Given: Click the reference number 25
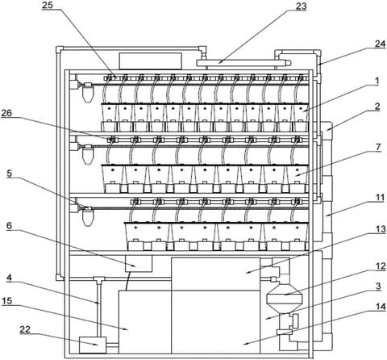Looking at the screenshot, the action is tap(48, 6).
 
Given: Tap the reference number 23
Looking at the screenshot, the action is tap(301, 6).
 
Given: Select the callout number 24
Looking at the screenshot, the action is tap(381, 44).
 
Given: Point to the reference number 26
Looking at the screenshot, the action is tap(6, 113).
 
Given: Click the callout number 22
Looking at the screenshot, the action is tap(25, 329).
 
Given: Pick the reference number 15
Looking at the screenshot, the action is tap(6, 301).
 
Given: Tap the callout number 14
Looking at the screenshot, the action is tap(381, 307).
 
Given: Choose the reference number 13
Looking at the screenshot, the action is tap(381, 229).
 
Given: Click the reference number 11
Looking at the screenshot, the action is tap(381, 199).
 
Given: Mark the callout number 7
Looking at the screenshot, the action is tap(378, 147).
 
